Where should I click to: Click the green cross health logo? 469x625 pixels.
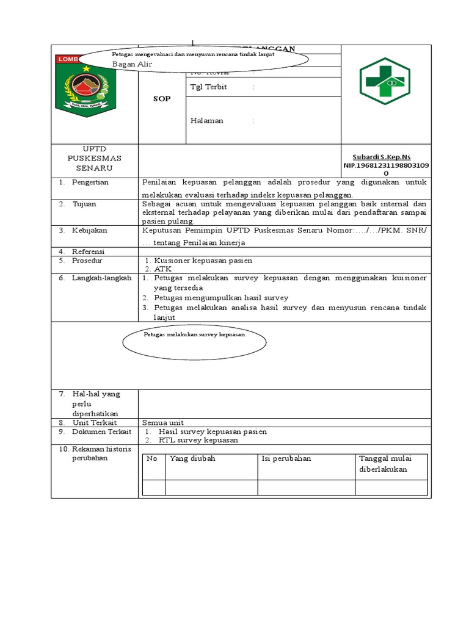click(386, 80)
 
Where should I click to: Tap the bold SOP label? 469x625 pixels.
click(162, 99)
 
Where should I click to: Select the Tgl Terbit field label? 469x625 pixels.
click(208, 87)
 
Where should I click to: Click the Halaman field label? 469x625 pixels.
click(207, 120)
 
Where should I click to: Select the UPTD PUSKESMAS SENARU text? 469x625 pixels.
click(95, 159)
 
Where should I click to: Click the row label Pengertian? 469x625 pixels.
click(90, 182)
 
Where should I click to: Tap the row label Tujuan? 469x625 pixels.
click(84, 204)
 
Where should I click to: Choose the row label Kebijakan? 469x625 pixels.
click(89, 231)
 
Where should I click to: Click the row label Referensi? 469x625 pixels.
click(89, 251)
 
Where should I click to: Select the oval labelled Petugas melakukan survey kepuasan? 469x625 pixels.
click(193, 341)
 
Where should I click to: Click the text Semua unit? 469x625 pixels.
click(163, 422)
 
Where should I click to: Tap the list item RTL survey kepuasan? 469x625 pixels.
click(198, 439)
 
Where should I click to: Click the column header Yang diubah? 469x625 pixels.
click(192, 458)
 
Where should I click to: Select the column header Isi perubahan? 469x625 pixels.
click(286, 458)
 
